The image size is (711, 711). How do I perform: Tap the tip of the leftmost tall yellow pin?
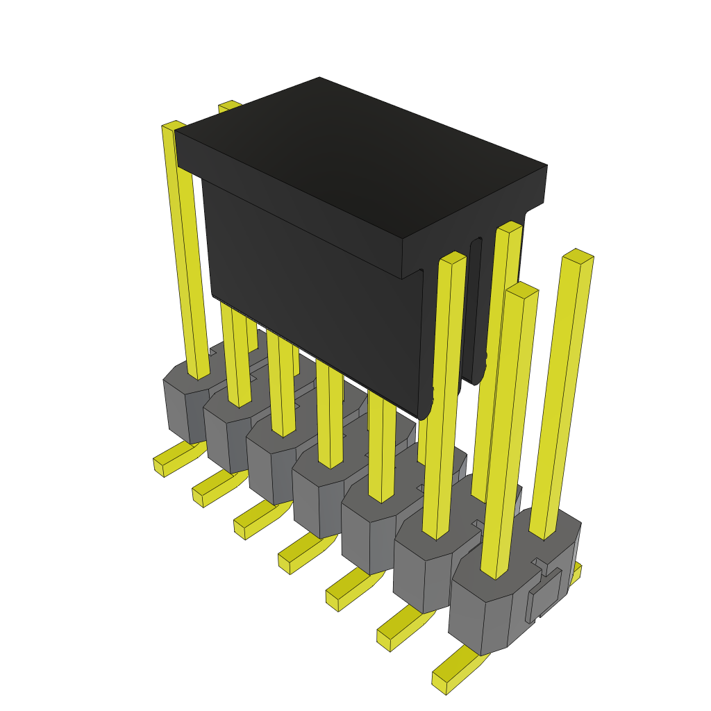click(x=174, y=126)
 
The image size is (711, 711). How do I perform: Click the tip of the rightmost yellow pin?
click(x=578, y=256)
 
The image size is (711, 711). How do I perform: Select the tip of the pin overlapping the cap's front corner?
click(x=453, y=258)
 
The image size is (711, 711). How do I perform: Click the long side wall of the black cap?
click(x=312, y=292)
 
